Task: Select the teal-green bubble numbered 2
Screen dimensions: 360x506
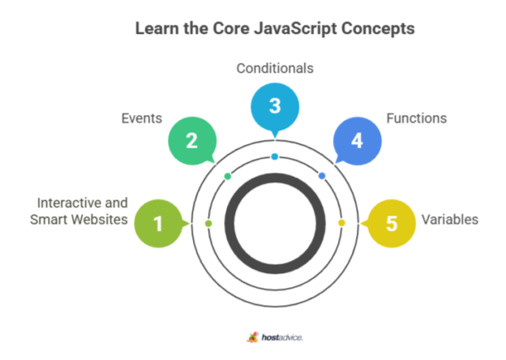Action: [191, 141]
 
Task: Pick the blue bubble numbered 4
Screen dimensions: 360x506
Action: [357, 141]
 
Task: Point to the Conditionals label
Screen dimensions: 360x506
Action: [275, 68]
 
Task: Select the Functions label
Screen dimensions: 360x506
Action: [416, 118]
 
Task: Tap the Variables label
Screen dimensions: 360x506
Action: [449, 220]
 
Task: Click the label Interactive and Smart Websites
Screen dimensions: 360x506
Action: [83, 211]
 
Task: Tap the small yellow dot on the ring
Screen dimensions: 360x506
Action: [341, 223]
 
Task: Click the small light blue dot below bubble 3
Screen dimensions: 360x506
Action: [275, 156]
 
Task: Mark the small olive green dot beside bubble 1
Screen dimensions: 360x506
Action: [208, 223]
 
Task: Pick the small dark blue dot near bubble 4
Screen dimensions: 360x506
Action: [322, 176]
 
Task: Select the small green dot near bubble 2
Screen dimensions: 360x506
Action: [228, 176]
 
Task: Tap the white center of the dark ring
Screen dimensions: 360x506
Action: [275, 221]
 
